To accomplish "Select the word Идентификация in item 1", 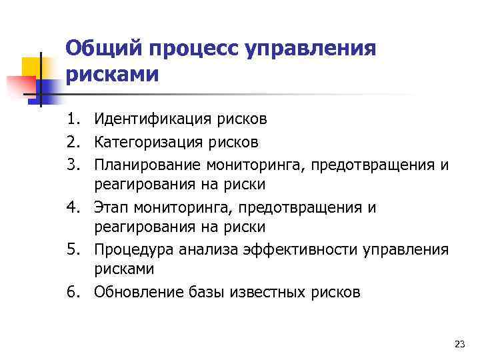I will pyautogui.click(x=143, y=119).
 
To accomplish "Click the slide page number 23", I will pyautogui.click(x=459, y=344).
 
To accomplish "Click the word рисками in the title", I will pyautogui.click(x=113, y=73).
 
